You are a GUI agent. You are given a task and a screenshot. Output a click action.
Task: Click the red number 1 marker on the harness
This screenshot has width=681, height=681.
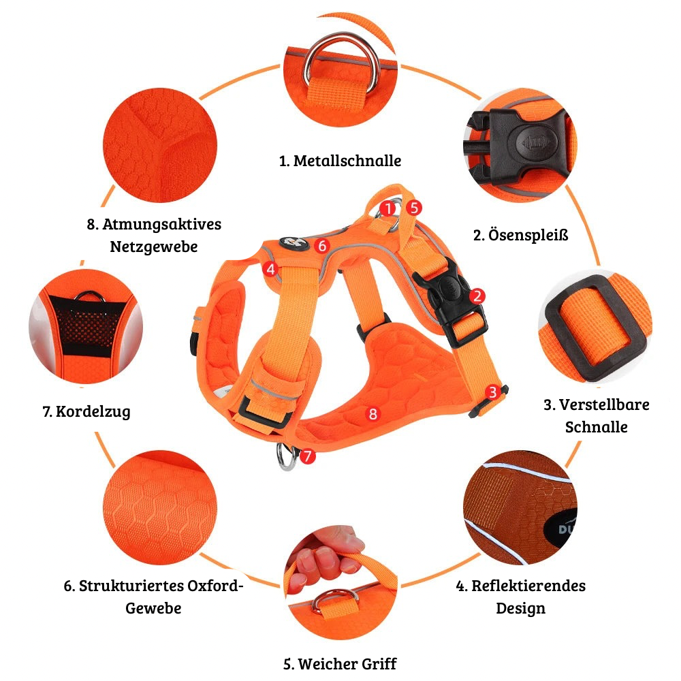point(387,208)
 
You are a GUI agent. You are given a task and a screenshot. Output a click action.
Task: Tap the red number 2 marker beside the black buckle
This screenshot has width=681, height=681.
point(477,296)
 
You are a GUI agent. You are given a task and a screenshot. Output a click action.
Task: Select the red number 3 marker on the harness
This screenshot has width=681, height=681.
point(492,392)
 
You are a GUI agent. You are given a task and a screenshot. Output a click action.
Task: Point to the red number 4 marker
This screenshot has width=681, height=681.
point(270,269)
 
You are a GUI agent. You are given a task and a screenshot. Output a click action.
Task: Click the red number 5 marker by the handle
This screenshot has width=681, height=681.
point(414,208)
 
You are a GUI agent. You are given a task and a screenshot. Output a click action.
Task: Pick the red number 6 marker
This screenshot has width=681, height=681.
point(322,246)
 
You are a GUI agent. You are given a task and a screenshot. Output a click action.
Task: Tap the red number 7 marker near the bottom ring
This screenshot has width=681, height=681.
point(308,456)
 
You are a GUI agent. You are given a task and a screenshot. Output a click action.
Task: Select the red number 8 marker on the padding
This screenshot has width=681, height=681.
point(373,413)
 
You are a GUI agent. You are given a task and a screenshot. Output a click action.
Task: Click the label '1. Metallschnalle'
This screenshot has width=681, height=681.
point(340,161)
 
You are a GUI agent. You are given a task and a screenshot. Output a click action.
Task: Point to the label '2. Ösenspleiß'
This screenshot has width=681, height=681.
point(521,235)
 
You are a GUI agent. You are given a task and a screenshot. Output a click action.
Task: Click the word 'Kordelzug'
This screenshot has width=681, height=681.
point(93,411)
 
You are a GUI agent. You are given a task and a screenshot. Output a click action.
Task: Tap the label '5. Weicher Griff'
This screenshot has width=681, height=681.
point(340,663)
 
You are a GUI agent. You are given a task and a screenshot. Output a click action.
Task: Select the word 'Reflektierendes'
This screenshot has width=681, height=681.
point(528,586)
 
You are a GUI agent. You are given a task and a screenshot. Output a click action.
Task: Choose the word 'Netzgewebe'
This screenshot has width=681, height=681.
point(154,247)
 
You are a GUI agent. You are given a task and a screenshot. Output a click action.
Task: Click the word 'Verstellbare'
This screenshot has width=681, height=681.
point(604,405)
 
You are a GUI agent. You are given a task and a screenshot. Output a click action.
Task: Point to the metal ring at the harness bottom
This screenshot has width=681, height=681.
point(287,456)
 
